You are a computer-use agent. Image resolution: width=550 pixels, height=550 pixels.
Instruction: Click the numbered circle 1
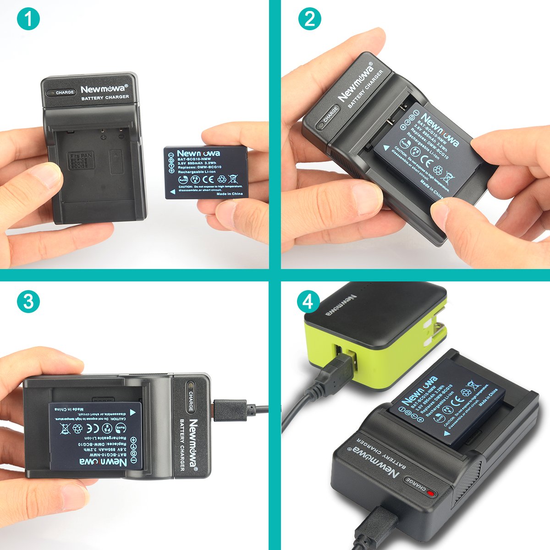pyautogui.click(x=28, y=19)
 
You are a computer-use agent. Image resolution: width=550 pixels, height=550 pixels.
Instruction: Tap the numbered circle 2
pyautogui.click(x=309, y=19)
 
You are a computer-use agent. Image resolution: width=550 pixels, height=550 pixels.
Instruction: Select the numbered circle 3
pyautogui.click(x=28, y=301)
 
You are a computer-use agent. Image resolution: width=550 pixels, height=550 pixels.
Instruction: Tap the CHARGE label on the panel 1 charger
pyautogui.click(x=65, y=92)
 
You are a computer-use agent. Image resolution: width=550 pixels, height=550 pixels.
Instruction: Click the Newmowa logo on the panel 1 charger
pyautogui.click(x=104, y=89)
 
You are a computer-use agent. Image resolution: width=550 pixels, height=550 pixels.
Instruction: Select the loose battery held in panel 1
pyautogui.click(x=206, y=172)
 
